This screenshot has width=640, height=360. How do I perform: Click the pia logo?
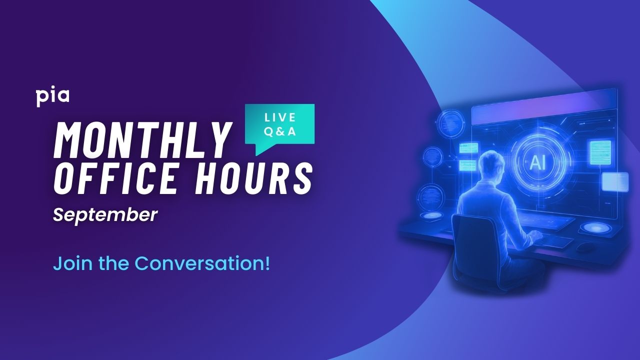(52, 96)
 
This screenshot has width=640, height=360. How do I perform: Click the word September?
(105, 215)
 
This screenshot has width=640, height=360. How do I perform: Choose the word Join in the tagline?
(67, 263)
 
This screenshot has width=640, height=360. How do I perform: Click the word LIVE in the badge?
(280, 117)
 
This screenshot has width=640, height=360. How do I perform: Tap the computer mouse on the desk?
(584, 246)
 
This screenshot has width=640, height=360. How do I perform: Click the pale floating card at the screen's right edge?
(614, 181)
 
